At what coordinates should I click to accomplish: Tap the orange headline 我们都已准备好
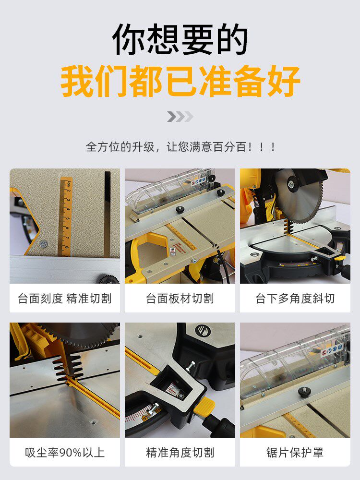[180, 82]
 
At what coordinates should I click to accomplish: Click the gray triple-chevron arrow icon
[180, 117]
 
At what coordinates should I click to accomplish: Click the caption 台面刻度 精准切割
[65, 299]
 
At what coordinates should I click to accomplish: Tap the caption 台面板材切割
[180, 299]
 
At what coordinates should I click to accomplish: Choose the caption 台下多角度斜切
[295, 299]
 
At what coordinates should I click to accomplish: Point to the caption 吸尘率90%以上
[65, 452]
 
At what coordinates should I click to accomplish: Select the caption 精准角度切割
[180, 452]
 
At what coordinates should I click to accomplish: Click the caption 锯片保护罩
[295, 452]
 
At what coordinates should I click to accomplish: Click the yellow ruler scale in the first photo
[65, 216]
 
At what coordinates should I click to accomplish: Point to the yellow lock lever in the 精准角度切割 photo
[204, 410]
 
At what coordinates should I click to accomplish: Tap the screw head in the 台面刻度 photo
[43, 244]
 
